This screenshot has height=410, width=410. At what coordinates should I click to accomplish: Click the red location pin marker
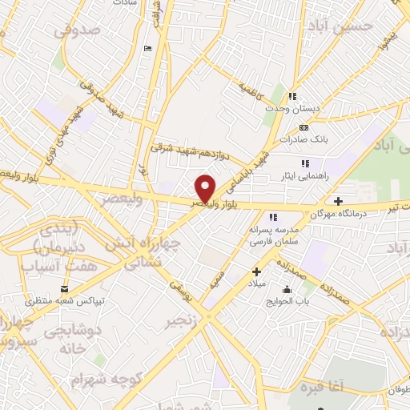(x=206, y=188)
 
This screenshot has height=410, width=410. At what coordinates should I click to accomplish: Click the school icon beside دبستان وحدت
(x=293, y=97)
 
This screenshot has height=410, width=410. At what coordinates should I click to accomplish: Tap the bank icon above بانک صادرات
(x=303, y=127)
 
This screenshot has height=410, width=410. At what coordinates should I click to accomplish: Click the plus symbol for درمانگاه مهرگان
(x=339, y=201)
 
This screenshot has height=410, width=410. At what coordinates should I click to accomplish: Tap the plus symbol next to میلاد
(x=256, y=271)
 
